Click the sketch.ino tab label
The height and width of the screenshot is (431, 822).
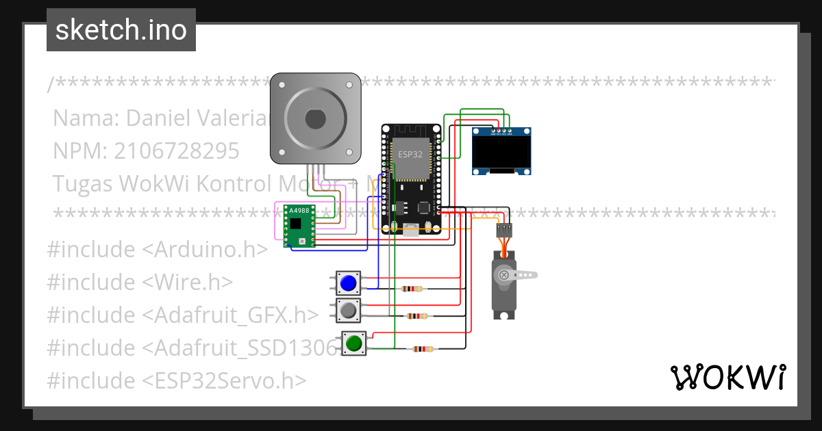pos(121,31)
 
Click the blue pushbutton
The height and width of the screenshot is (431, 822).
pos(349,283)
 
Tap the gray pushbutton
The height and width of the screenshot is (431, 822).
pos(349,311)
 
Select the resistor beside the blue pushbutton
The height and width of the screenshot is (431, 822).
pos(412,289)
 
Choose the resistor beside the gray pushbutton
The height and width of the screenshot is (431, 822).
pos(416,316)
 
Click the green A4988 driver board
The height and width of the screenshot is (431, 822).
pos(299,225)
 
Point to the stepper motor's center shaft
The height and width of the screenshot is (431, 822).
pos(315,118)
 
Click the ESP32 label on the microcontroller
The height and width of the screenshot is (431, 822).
pos(410,155)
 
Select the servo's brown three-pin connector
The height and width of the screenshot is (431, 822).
pos(504,230)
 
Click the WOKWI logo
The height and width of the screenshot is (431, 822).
pos(727,377)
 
